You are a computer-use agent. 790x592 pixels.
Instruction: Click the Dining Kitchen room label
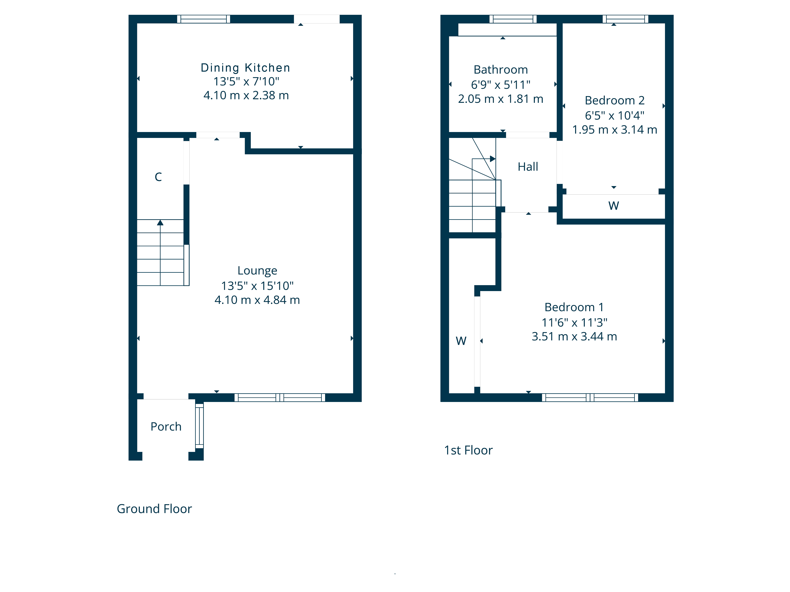245,68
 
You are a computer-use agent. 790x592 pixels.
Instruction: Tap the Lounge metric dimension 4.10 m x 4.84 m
257,300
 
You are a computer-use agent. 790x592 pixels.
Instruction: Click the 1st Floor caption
468,450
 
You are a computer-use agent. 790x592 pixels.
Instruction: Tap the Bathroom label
501,70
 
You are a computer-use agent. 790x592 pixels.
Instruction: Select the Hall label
528,167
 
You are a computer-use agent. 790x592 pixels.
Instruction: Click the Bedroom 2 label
615,100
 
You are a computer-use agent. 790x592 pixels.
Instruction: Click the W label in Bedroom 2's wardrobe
614,206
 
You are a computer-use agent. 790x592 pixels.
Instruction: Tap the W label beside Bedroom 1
461,341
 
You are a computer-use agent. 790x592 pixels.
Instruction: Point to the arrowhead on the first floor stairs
493,159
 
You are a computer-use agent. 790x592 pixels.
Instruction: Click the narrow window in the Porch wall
199,425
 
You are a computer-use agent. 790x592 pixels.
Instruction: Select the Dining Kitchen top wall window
204,19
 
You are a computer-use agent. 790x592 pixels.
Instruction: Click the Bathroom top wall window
513,19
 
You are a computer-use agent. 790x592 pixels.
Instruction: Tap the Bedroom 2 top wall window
625,19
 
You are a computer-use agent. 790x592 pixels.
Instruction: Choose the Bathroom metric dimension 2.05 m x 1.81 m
501,99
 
